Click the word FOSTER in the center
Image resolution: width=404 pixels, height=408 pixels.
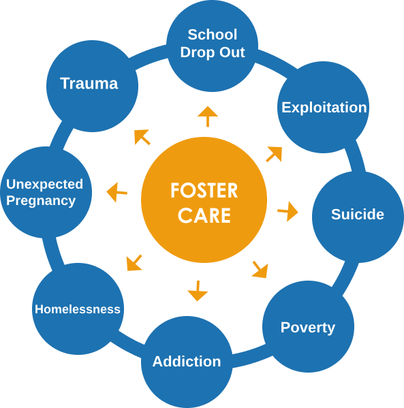tap(204, 191)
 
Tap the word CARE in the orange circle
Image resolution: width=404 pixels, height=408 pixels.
tap(204, 215)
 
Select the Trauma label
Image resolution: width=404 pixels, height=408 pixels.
tap(89, 84)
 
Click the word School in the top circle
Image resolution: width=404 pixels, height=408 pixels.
tap(213, 35)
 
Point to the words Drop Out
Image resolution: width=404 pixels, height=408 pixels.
tap(213, 53)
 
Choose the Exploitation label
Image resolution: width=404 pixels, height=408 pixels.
tap(324, 108)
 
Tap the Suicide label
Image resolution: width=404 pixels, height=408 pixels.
tap(358, 214)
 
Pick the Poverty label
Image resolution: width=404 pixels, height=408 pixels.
tap(308, 328)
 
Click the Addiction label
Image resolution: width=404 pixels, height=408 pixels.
tap(187, 362)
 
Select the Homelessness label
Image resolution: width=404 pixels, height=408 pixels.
tap(78, 309)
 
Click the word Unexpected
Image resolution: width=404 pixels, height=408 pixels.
tap(44, 185)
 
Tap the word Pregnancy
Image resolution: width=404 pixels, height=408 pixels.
tap(41, 201)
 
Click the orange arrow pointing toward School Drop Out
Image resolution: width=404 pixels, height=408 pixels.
tap(208, 116)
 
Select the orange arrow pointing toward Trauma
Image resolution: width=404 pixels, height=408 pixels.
tap(142, 137)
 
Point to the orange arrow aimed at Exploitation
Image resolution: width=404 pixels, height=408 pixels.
tap(274, 155)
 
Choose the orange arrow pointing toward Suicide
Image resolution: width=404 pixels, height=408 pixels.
tap(288, 212)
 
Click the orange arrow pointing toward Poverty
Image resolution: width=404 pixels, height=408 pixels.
tap(260, 270)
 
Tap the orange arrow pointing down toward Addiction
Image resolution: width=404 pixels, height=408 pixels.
tap(198, 291)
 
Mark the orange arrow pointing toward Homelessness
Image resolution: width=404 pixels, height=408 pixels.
tap(134, 263)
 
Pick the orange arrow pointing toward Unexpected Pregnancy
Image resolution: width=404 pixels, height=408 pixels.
tap(117, 192)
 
